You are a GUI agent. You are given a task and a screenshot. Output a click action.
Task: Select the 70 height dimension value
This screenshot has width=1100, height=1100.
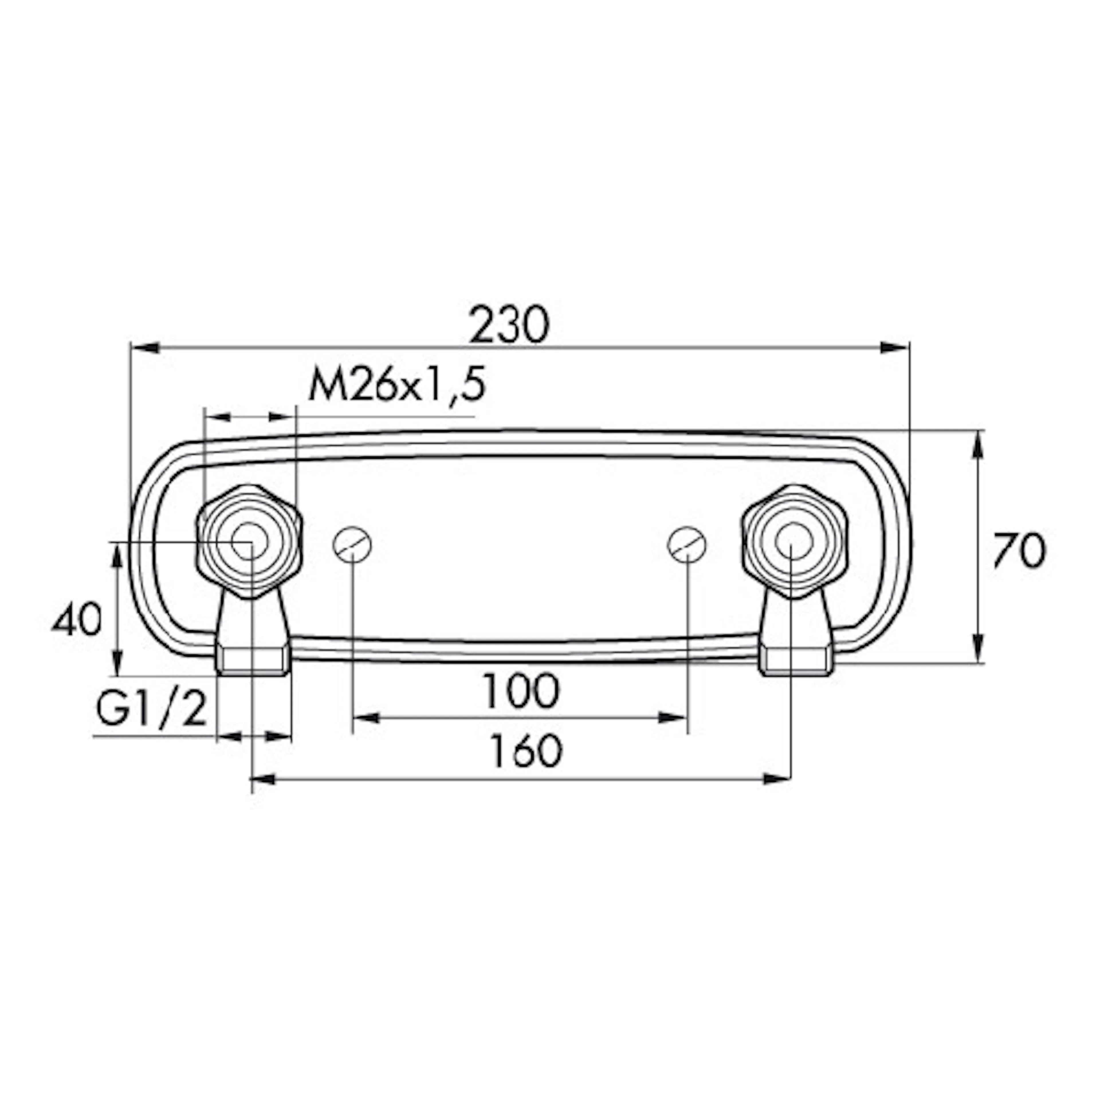coord(1020,551)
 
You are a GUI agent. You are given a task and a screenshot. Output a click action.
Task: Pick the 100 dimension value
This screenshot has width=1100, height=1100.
coord(521,691)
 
